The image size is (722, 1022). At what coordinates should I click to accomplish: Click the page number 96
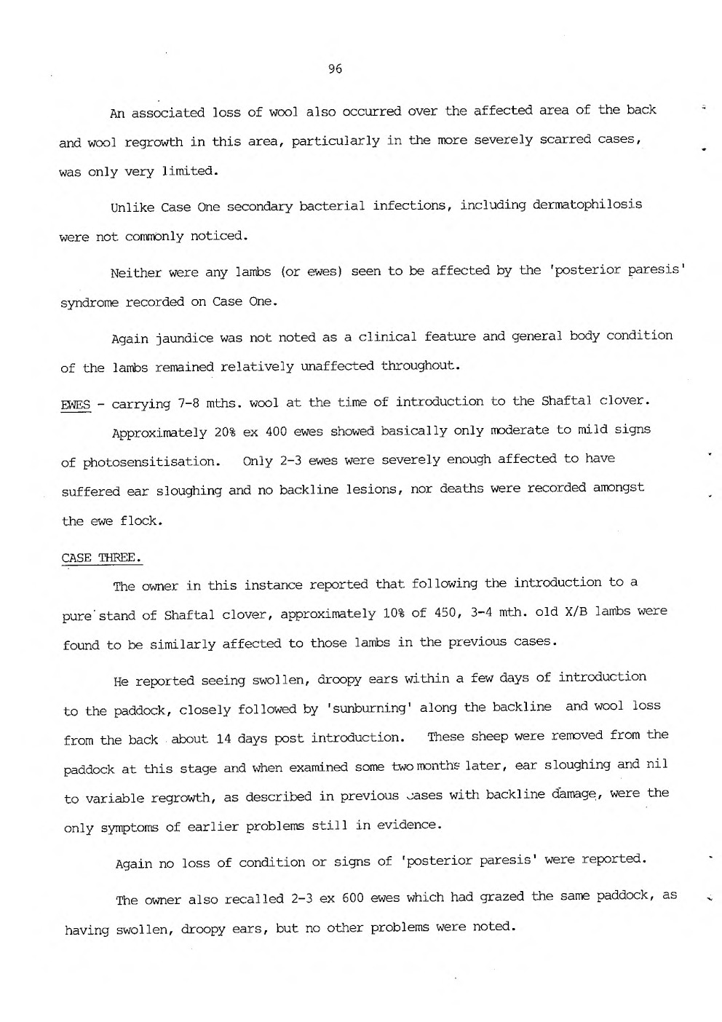click(335, 69)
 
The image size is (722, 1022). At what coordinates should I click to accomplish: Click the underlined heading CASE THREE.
click(101, 558)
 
